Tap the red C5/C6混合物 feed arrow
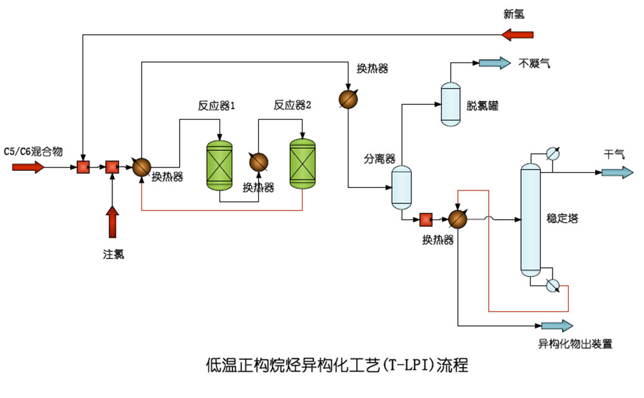pos(28,167)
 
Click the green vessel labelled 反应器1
pos(220,164)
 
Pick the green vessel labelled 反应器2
pos(303,164)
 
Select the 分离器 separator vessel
pos(402,187)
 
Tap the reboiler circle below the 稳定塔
pos(552,286)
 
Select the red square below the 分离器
pos(426,220)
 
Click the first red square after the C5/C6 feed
pos(83,167)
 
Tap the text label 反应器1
pos(216,105)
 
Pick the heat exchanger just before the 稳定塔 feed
pos(457,220)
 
